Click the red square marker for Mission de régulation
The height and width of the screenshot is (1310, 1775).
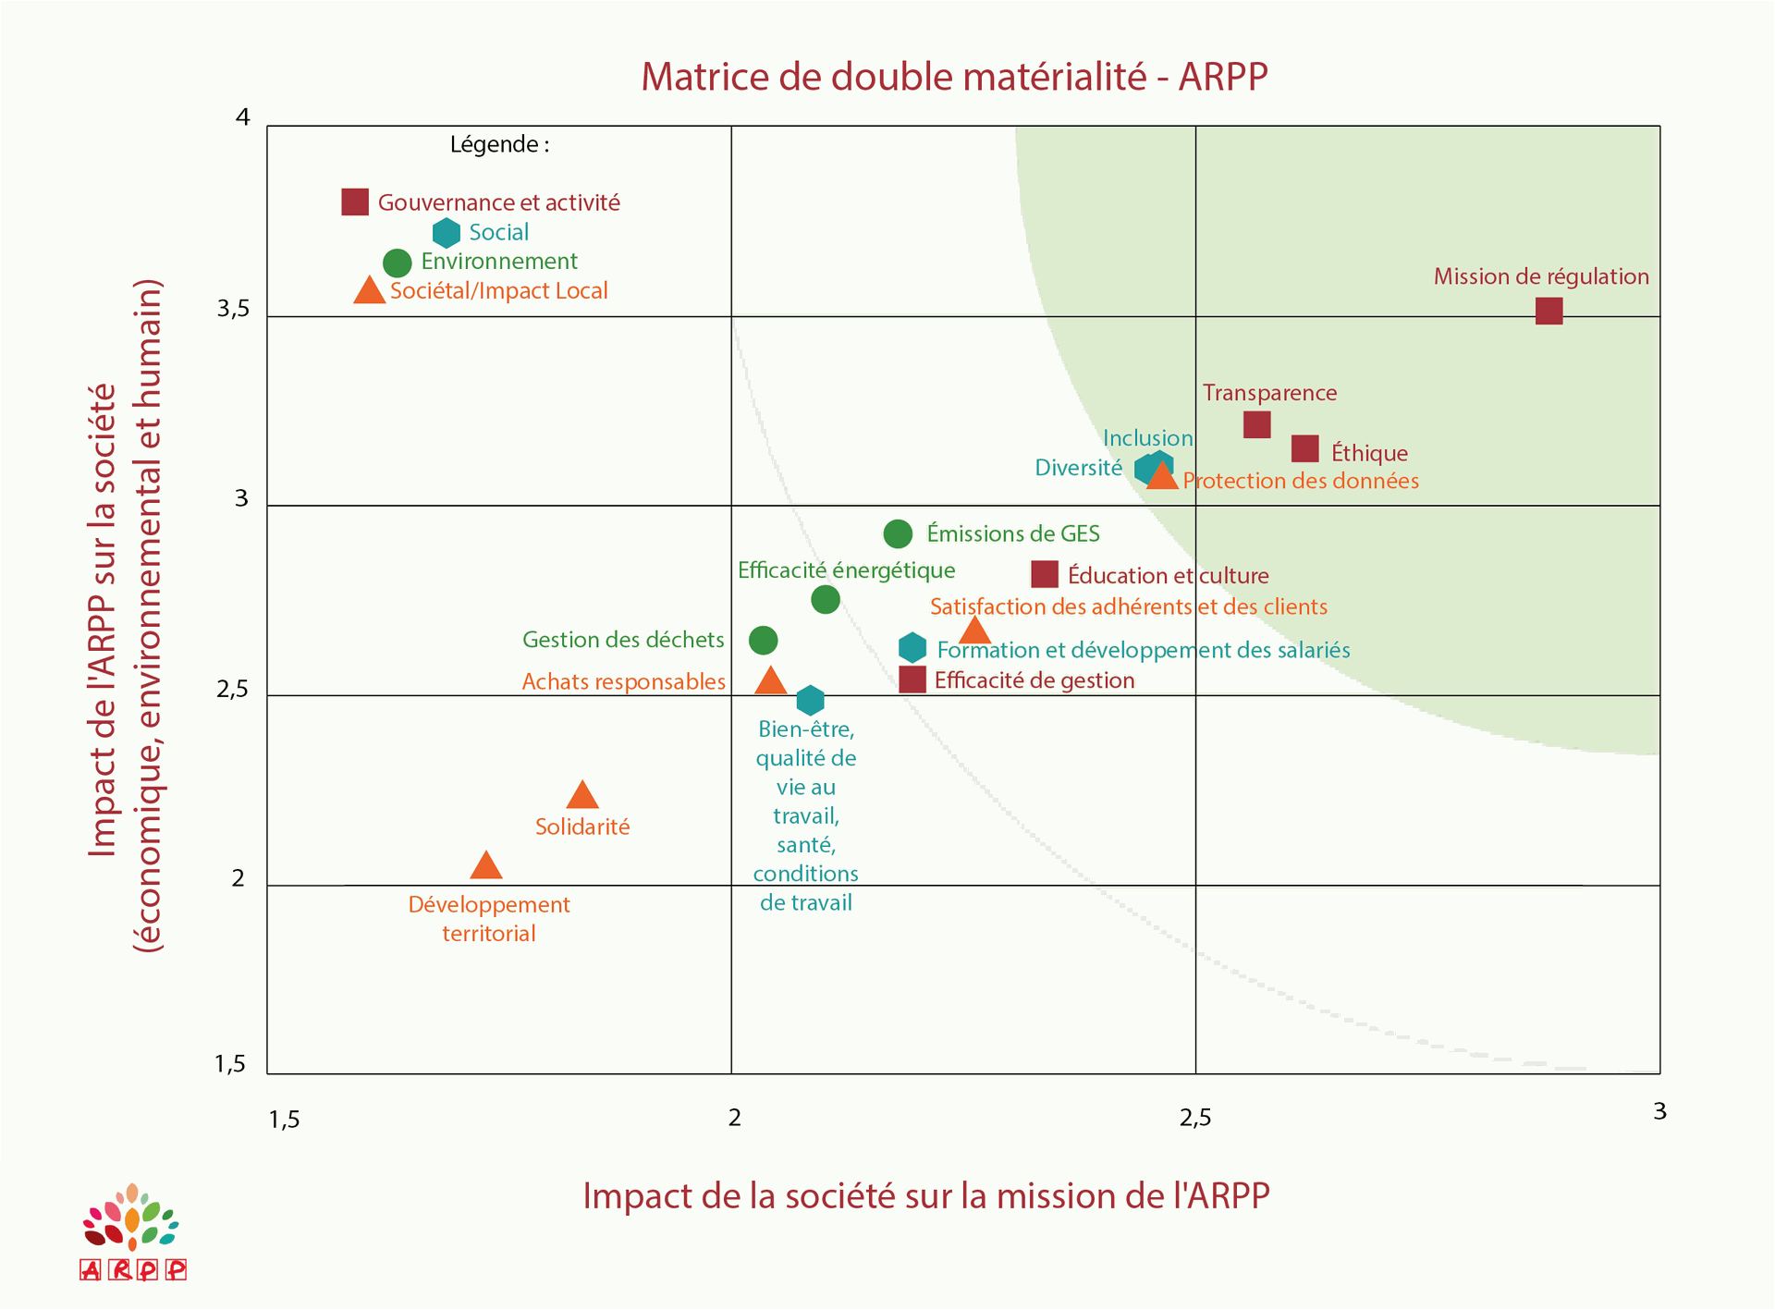pos(1549,311)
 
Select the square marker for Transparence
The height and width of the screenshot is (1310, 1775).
pos(1256,424)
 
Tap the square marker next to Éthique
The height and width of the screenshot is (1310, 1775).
pos(1304,449)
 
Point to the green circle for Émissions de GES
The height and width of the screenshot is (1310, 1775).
pos(898,533)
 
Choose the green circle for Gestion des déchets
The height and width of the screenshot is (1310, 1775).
pos(763,640)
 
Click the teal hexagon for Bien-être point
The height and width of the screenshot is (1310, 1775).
pos(810,700)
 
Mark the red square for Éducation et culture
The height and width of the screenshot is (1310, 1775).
pos(1044,574)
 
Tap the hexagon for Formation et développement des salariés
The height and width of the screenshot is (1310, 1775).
pos(912,648)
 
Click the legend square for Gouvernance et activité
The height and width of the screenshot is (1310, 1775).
pos(355,202)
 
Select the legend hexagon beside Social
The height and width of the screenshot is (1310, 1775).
pos(447,232)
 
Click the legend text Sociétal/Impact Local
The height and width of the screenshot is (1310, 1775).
pos(498,291)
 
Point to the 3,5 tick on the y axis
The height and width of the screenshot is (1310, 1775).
pos(234,309)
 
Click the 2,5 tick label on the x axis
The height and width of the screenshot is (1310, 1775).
pos(1194,1118)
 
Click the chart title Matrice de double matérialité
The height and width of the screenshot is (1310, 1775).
pos(954,77)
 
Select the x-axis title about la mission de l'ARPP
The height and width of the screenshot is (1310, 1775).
pos(925,1195)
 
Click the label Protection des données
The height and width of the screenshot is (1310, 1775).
pos(1300,481)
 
